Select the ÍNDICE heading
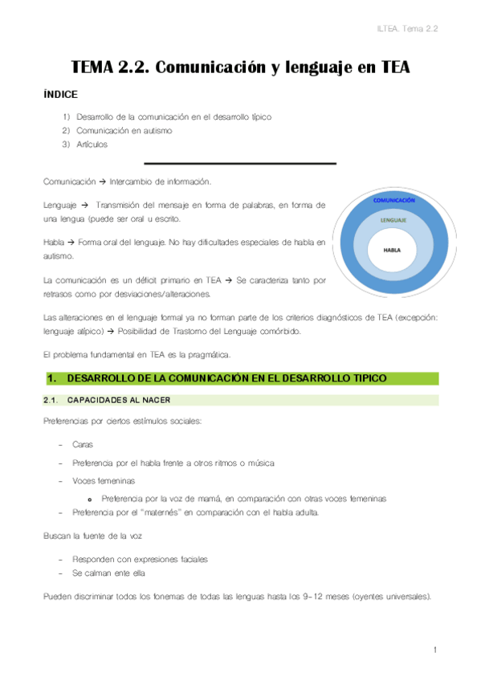pyautogui.click(x=60, y=95)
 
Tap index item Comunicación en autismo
pyautogui.click(x=124, y=130)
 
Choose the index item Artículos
pyautogui.click(x=92, y=144)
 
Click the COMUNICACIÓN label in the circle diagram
pyautogui.click(x=393, y=200)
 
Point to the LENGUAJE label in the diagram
pyautogui.click(x=393, y=219)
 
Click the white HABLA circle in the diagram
pyautogui.click(x=393, y=250)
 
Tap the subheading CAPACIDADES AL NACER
pyautogui.click(x=118, y=400)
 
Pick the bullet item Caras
pyautogui.click(x=83, y=443)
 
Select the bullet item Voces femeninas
pyautogui.click(x=103, y=480)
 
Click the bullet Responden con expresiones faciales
pyautogui.click(x=140, y=559)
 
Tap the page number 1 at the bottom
pyautogui.click(x=434, y=649)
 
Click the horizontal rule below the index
pyautogui.click(x=239, y=163)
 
